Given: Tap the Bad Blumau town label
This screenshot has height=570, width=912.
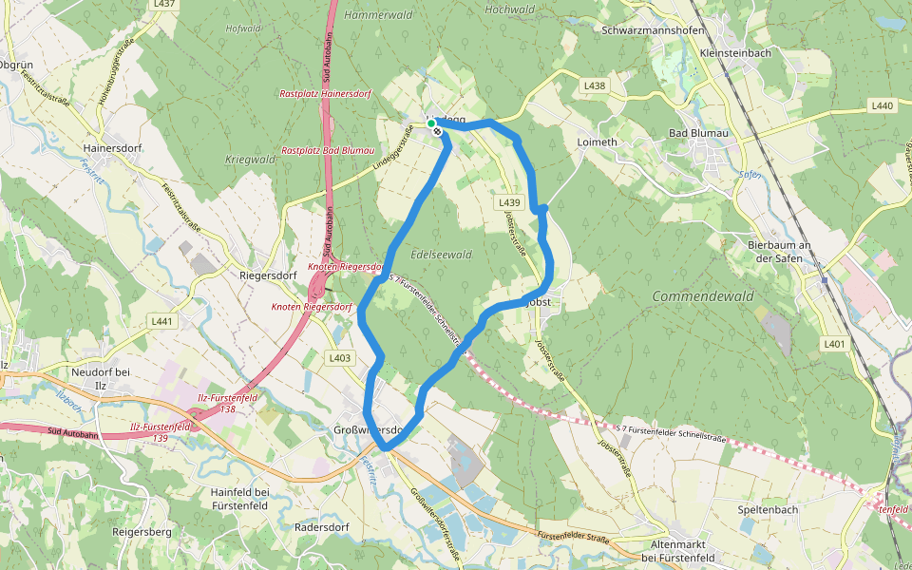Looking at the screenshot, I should [698, 133].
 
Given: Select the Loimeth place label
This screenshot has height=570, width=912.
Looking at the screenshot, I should [597, 142].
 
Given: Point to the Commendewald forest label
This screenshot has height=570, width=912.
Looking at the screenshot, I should [703, 296].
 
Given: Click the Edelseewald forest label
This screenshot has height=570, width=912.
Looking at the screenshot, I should [441, 255].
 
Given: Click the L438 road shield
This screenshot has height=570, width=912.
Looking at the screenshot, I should [595, 85].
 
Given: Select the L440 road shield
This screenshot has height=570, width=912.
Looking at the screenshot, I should [881, 105].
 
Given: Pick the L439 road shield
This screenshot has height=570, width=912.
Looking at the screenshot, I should [509, 202].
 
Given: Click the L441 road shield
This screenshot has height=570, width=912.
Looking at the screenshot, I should [162, 321].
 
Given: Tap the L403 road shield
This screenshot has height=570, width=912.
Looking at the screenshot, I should [339, 358].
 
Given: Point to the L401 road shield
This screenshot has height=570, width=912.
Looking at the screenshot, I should [834, 343].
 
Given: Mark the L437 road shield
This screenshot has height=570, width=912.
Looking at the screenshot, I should [163, 5].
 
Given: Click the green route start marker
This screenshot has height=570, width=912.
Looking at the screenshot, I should [430, 123].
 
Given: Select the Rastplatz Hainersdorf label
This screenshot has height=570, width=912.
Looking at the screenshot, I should [325, 94].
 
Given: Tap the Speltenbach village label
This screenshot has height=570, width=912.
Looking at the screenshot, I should [767, 509].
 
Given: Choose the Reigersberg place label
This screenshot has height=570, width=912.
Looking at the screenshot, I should [142, 532].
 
